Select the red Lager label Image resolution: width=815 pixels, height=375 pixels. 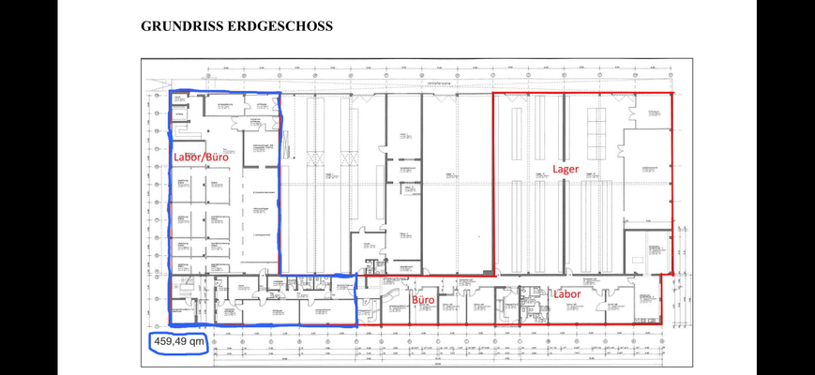(x=565, y=170)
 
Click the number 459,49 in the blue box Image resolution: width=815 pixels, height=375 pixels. (x=171, y=342)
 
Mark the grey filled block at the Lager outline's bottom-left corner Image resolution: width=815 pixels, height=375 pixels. (x=488, y=273)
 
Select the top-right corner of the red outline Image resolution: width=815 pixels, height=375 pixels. (x=672, y=94)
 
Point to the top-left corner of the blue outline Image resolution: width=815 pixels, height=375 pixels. (x=170, y=93)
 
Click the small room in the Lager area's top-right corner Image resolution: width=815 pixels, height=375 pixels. (x=656, y=117)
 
